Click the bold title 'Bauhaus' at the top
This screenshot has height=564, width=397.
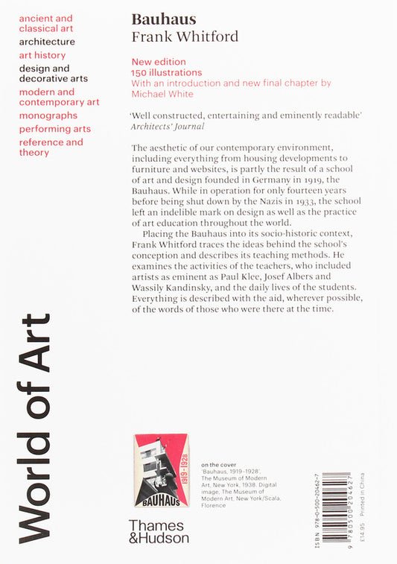157,20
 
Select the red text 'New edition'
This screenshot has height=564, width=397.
159,62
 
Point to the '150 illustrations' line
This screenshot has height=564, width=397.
167,73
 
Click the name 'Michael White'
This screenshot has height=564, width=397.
162,95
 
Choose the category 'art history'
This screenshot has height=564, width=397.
42,55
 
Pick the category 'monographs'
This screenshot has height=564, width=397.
48,115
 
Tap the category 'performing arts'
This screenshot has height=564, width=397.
55,129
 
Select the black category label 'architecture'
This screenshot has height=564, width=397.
47,42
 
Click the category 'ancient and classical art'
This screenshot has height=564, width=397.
46,23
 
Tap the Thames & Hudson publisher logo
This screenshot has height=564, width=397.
159,530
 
